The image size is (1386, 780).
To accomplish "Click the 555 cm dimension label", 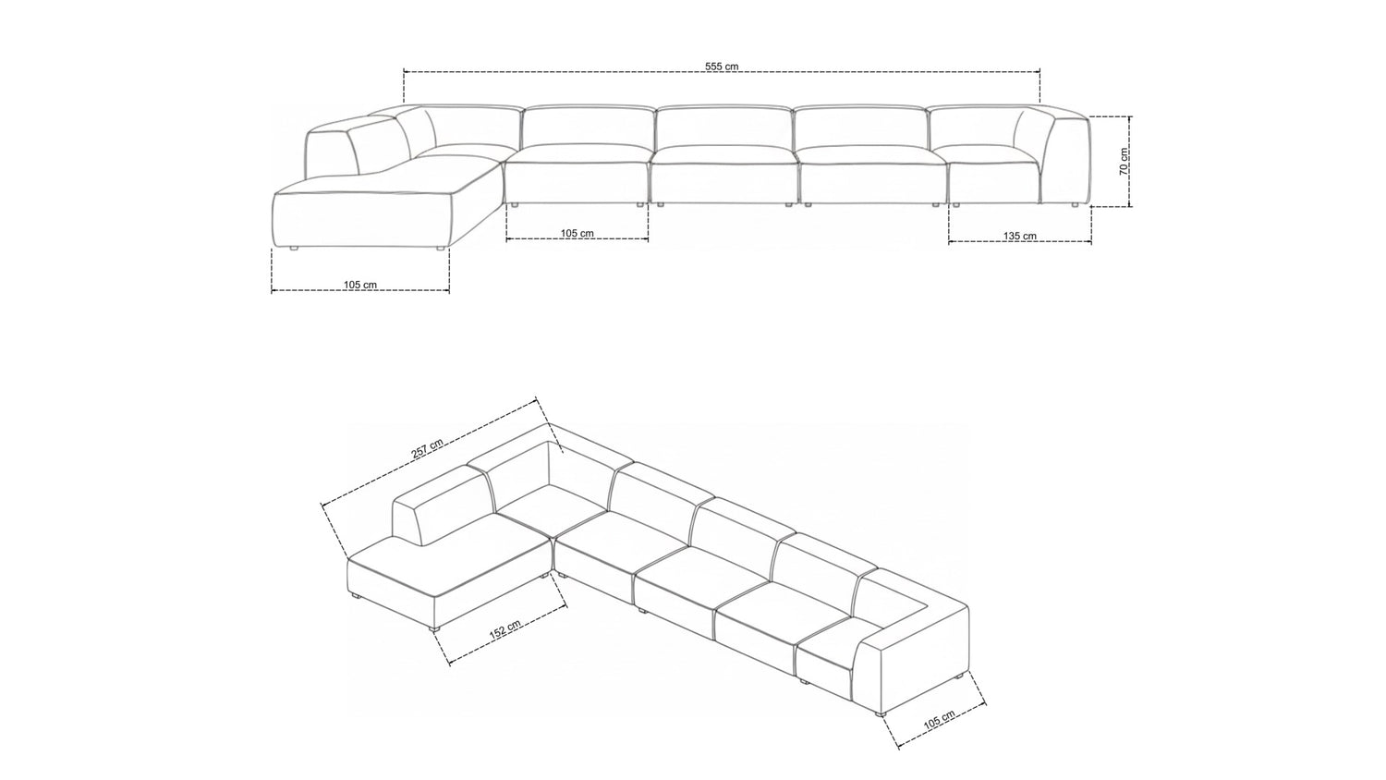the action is pos(722,67).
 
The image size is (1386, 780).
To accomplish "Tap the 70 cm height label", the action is pos(1125,162).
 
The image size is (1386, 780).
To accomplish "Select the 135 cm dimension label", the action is pos(1020,236).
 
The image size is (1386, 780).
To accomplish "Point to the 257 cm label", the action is pos(427,448).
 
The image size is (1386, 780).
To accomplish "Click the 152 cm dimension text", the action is pos(505,630).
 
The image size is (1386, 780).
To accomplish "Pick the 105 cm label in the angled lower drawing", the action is pos(939,721).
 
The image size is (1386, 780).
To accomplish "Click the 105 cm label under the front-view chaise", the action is pos(360,285).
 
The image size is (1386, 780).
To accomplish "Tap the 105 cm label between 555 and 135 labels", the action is pos(577,234).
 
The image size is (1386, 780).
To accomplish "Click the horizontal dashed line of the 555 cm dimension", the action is pos(722,72).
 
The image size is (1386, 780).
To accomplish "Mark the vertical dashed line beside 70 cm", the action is pos(1130,162).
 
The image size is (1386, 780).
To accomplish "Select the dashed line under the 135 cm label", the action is pos(1020,242).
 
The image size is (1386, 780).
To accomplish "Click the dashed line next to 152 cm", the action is pos(508,636).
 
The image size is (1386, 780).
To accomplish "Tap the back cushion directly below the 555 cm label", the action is pos(723,127).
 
